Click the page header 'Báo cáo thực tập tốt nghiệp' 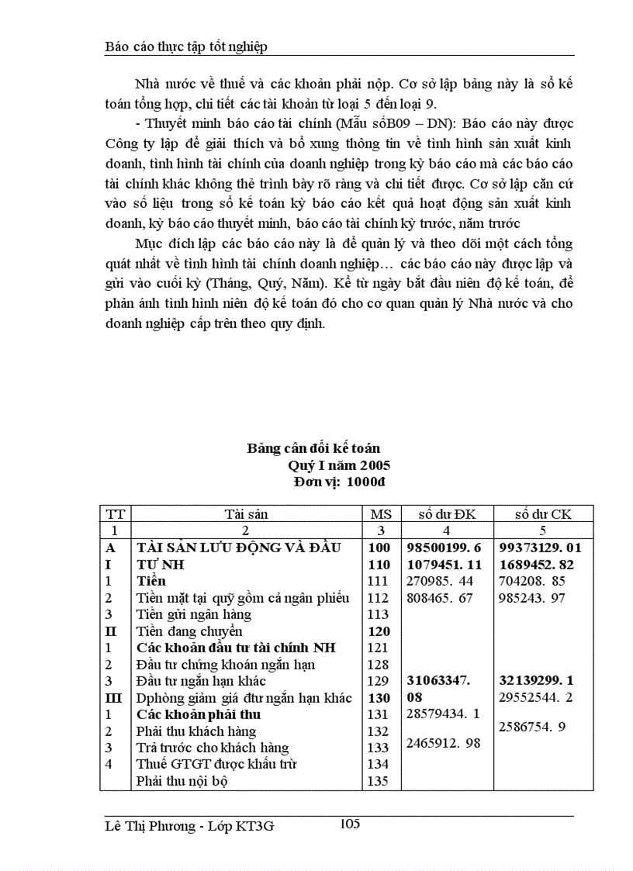tap(185, 47)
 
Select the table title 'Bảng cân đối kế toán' tap(313, 448)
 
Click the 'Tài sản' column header tap(246, 513)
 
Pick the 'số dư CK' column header tap(543, 513)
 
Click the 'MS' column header tap(380, 513)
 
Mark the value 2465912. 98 tap(444, 743)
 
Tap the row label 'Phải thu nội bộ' tap(182, 781)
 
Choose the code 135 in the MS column tap(377, 781)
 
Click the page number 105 tap(350, 824)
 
